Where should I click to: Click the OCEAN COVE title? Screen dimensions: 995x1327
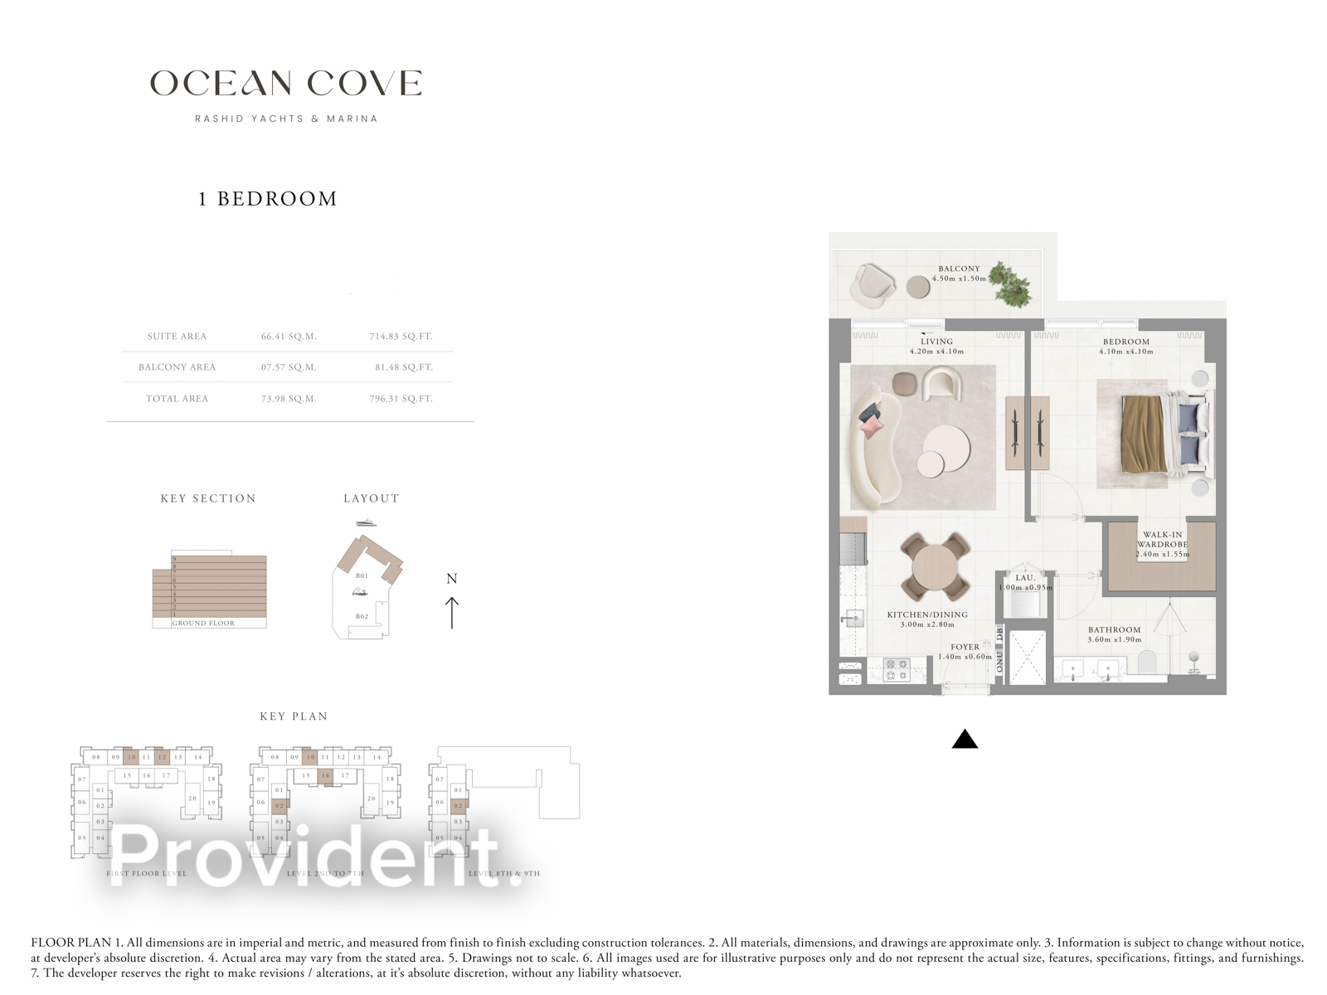click(286, 83)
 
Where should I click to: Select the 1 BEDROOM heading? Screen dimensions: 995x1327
click(268, 199)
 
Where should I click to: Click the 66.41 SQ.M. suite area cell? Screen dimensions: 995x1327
click(289, 337)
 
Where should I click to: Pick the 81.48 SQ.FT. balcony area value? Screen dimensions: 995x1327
click(403, 367)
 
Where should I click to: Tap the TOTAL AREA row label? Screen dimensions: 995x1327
click(177, 399)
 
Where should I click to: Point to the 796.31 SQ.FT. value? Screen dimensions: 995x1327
click(401, 399)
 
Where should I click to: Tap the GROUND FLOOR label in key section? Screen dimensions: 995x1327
click(203, 623)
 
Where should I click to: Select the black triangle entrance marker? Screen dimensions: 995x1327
click(965, 739)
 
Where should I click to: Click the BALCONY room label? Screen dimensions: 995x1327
click(959, 269)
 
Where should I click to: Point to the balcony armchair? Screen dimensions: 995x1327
click(872, 285)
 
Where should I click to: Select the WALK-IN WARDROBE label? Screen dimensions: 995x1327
click(1162, 540)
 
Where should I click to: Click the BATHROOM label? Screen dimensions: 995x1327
click(1114, 630)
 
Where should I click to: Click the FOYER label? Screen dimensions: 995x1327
click(965, 647)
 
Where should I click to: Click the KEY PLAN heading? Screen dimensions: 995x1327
click(294, 716)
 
